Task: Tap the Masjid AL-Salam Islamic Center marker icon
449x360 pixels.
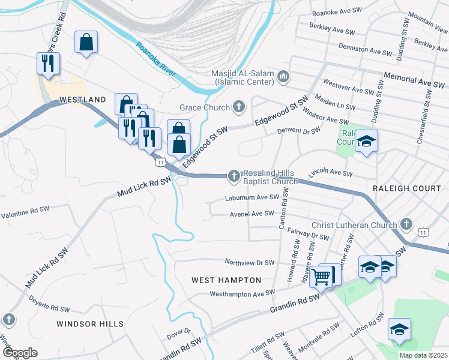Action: (x=284, y=77)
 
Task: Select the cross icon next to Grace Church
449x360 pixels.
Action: (x=239, y=107)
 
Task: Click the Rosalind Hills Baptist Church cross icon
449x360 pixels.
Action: (x=234, y=176)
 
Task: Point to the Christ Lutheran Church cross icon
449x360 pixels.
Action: (x=406, y=225)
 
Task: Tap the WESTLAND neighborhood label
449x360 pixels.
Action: (x=82, y=100)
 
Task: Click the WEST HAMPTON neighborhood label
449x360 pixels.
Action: (x=226, y=280)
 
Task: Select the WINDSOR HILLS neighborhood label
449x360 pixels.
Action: (x=90, y=324)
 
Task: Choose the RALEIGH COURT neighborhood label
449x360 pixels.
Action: (x=406, y=188)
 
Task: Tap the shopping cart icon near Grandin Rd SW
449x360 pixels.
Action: (x=322, y=276)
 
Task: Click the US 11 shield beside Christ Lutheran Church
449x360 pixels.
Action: (x=424, y=232)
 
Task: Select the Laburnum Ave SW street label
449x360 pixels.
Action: (x=252, y=197)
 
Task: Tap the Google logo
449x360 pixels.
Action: (x=20, y=353)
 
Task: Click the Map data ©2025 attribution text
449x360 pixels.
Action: (x=423, y=355)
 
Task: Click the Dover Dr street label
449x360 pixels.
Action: (x=178, y=331)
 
